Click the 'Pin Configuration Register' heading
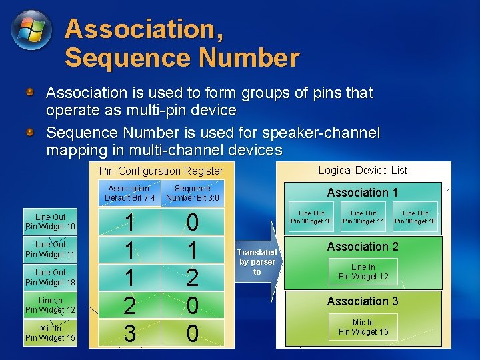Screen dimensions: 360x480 [161, 171]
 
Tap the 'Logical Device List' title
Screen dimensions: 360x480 [363, 170]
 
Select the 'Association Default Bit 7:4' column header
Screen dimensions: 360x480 [129, 193]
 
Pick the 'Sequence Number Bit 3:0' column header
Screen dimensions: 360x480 [192, 193]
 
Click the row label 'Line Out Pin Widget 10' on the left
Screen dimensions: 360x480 [50, 222]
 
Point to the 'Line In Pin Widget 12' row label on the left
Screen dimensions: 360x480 [50, 305]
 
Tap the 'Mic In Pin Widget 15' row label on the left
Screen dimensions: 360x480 [50, 333]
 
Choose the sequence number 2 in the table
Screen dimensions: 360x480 [192, 277]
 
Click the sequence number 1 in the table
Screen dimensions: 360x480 [192, 249]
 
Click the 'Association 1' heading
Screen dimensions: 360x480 [362, 193]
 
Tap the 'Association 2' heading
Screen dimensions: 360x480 [362, 247]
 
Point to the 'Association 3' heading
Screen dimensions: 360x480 [362, 301]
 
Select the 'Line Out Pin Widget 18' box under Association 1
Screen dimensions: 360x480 [415, 217]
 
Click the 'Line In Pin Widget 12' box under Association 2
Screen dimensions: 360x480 [363, 272]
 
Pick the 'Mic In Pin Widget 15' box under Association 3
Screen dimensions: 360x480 [363, 327]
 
